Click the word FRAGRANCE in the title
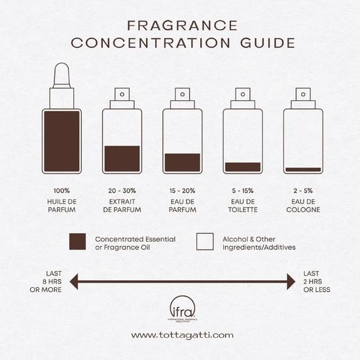click(182, 26)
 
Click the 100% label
click(62, 190)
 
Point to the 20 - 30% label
click(122, 190)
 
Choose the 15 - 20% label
click(182, 190)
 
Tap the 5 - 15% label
click(243, 190)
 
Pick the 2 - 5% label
click(303, 190)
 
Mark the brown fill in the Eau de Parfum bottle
click(182, 162)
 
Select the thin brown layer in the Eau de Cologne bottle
click(303, 170)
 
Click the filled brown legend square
click(78, 242)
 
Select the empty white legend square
click(206, 242)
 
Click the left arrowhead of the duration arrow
click(74, 282)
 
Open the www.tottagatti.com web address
click(182, 335)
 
